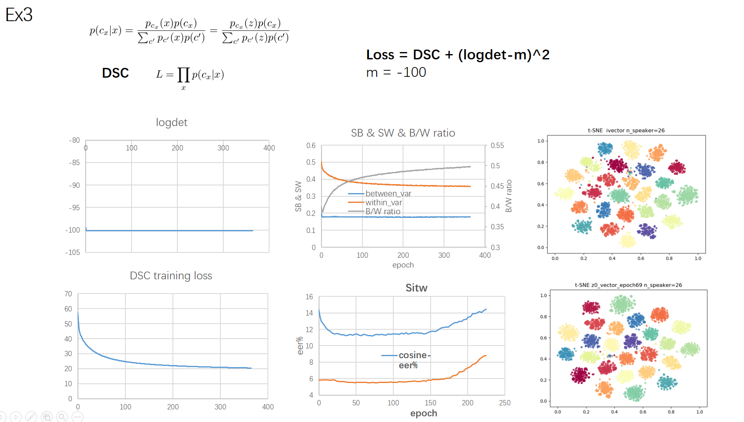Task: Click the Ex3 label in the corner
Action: click(x=19, y=15)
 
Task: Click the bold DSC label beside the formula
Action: click(x=115, y=73)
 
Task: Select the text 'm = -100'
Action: click(x=396, y=72)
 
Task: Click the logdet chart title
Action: click(x=172, y=122)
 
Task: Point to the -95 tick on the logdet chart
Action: click(x=74, y=208)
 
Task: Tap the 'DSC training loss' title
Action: click(x=171, y=276)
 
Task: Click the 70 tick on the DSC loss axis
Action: click(x=68, y=294)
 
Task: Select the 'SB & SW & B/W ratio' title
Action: click(x=403, y=133)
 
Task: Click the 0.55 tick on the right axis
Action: click(x=497, y=146)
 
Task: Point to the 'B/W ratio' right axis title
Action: click(x=509, y=196)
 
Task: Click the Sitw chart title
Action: click(x=416, y=288)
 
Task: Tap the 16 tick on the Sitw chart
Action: click(x=309, y=297)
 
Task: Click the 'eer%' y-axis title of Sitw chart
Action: click(x=300, y=346)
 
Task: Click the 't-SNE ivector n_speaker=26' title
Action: click(x=626, y=131)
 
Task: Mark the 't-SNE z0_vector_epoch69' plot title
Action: click(x=628, y=285)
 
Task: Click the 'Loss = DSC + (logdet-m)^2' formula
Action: click(x=457, y=55)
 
